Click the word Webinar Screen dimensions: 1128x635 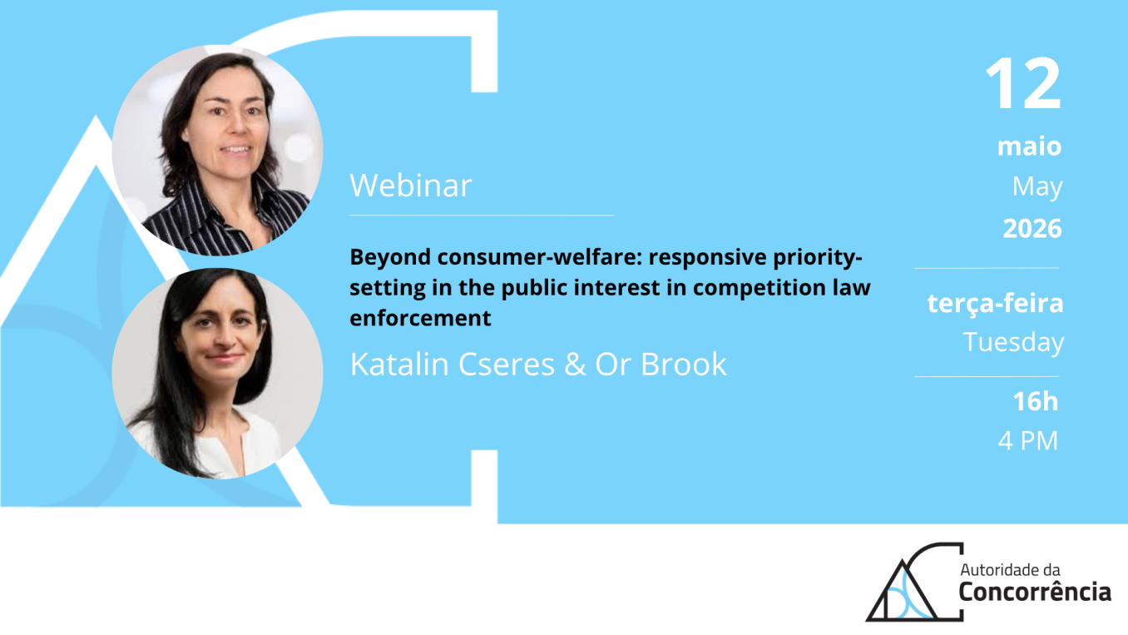tap(411, 186)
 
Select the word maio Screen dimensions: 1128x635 tap(1029, 146)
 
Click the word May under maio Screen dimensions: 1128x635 tap(1037, 186)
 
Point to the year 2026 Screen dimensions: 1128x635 tap(1032, 228)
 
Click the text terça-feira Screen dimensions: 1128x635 tap(995, 304)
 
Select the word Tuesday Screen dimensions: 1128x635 tap(1013, 342)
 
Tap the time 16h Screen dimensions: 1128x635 tap(1036, 401)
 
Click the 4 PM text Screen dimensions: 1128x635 tap(1028, 440)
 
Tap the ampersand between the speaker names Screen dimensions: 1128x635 tap(575, 364)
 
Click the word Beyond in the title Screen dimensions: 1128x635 tap(390, 257)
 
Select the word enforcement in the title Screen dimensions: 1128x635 tap(420, 318)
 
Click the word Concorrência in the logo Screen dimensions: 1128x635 tap(1034, 592)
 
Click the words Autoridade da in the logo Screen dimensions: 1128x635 tap(1010, 570)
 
